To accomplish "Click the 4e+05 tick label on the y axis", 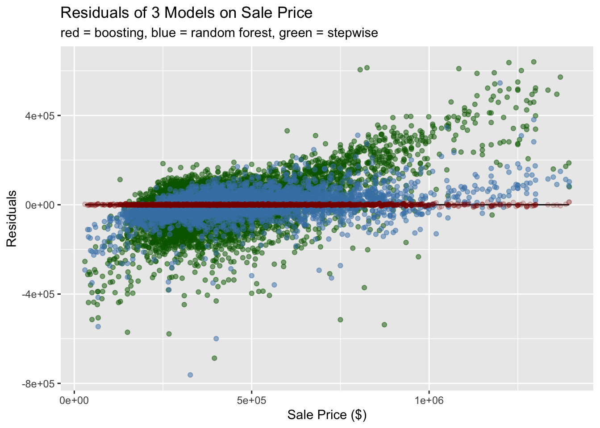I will coord(40,115).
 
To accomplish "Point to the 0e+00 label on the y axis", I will coord(40,205).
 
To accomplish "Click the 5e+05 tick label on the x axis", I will coord(252,399).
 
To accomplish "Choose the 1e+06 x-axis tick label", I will coord(429,399).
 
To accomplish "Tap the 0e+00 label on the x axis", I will coord(75,399).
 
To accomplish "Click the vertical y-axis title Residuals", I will coord(12,218).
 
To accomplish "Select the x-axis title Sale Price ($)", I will coord(327,415).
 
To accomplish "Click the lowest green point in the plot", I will coord(214,358).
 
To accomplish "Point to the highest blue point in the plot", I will coord(500,83).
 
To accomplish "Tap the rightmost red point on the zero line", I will coord(569,202).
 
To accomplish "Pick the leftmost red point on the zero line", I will coord(85,204).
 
